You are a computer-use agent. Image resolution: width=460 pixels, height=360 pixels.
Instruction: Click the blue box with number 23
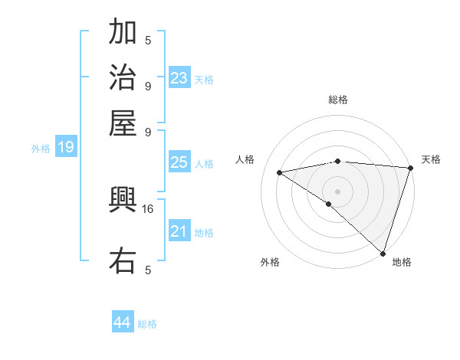[179, 78]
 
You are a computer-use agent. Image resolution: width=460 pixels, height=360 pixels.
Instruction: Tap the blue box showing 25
[179, 162]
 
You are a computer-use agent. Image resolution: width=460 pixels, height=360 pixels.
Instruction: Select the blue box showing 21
[179, 231]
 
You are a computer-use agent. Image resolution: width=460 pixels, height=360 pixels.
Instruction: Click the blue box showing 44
[123, 322]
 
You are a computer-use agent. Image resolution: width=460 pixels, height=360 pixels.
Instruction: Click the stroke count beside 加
[148, 40]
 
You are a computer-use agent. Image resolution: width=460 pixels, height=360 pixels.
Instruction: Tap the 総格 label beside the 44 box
[147, 324]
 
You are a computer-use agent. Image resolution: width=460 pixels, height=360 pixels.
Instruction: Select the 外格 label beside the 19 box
[41, 149]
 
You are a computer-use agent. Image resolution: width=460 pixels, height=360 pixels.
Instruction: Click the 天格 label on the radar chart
[431, 159]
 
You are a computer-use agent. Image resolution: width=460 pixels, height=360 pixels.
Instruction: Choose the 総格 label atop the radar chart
[338, 100]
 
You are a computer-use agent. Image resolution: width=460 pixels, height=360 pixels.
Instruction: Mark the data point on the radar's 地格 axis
[383, 252]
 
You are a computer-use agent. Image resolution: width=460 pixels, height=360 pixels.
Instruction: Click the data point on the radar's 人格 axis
[280, 172]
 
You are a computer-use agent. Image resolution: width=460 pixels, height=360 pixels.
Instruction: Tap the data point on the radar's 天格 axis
[410, 168]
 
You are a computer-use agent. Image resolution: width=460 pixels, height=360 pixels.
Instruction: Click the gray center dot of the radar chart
[337, 191]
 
